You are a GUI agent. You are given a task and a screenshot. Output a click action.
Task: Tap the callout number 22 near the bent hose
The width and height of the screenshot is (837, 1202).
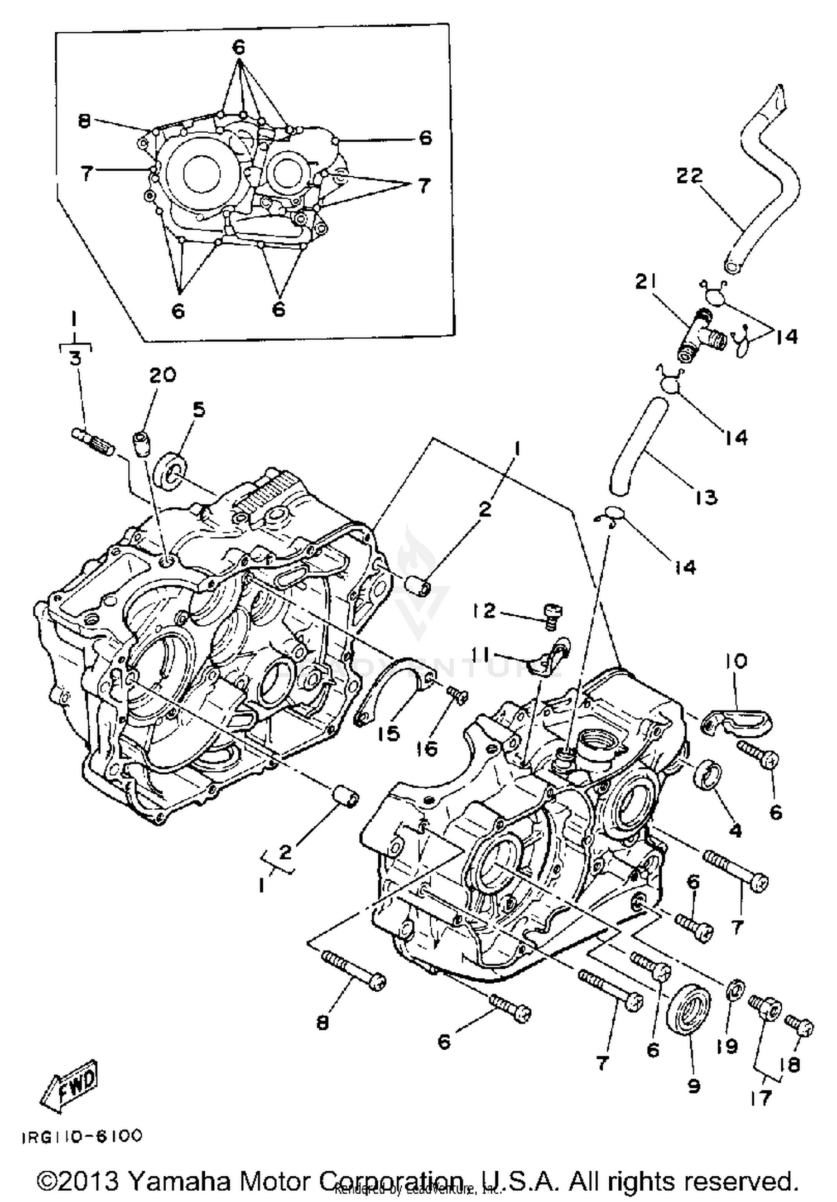tap(690, 176)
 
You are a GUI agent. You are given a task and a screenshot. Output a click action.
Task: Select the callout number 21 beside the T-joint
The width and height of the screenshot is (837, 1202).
tap(647, 282)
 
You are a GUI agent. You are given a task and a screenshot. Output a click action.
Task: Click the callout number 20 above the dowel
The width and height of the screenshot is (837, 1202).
tap(162, 375)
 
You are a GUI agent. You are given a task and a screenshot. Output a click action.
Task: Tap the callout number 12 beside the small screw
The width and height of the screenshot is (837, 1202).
tap(483, 611)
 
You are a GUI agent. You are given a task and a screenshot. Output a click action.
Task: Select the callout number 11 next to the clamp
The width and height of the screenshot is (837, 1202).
tap(483, 653)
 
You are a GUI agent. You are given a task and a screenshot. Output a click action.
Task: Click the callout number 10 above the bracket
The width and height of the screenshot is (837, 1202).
tap(736, 662)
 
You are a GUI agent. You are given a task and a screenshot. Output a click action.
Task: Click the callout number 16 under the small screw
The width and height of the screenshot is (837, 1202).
tap(427, 749)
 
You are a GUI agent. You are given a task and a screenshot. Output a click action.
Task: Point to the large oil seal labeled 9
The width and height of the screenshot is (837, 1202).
tap(689, 1010)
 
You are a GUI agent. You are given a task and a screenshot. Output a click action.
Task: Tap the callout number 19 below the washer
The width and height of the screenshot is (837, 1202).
tap(727, 1046)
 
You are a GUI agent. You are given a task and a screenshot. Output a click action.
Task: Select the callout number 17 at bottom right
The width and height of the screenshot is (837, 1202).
tap(761, 1098)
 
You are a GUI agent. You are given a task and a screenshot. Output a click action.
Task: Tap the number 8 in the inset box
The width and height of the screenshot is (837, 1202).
tap(84, 121)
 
